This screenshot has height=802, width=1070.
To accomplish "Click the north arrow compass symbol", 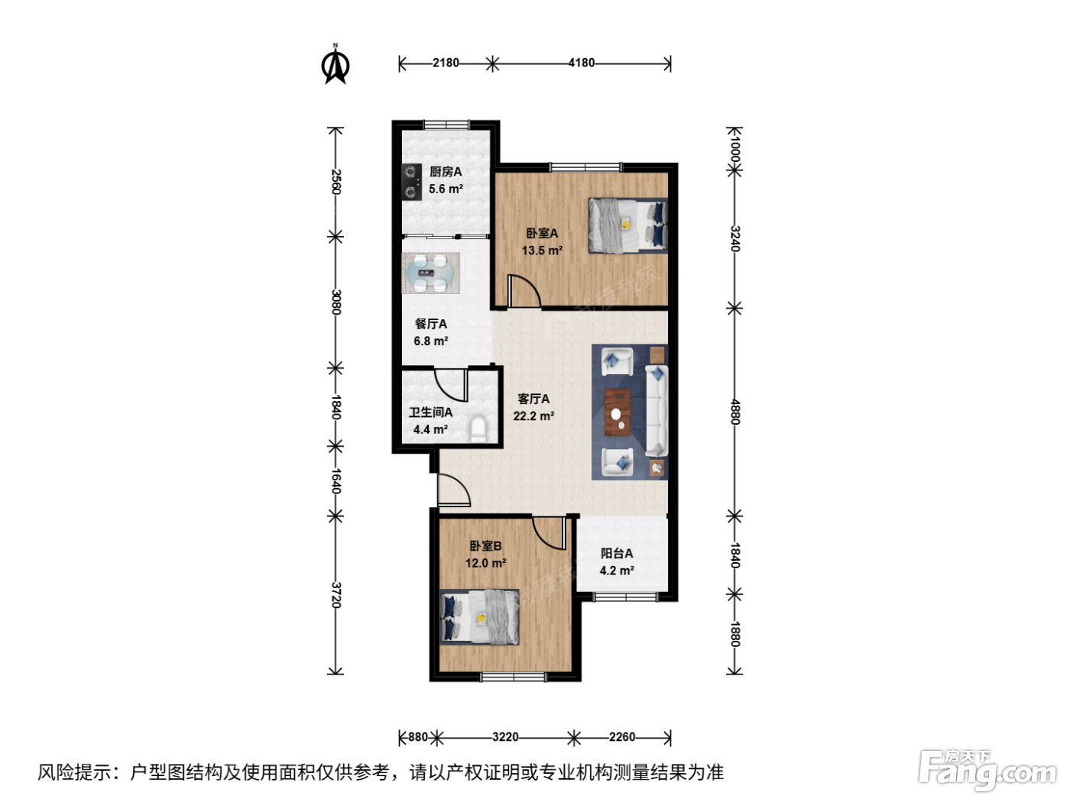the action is tap(336, 64).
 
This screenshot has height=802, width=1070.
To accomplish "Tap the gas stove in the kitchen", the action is tap(411, 182).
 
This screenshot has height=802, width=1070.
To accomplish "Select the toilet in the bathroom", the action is tap(478, 429).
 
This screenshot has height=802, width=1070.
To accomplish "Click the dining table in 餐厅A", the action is tap(431, 273).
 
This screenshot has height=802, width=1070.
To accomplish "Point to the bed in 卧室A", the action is tap(628, 225).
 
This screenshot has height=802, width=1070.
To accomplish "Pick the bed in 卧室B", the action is tap(479, 617).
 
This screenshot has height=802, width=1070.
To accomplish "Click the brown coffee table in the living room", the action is tap(618, 412).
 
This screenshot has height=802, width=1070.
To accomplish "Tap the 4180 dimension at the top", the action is tap(581, 63).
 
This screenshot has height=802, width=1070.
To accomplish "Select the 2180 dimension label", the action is tap(446, 63).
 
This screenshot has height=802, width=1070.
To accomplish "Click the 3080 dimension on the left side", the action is tap(336, 302).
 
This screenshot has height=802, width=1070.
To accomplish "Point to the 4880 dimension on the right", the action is tap(735, 412).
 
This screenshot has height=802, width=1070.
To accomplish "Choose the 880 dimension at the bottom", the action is tap(418, 737).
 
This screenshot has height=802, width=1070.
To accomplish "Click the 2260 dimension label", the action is tap(622, 737).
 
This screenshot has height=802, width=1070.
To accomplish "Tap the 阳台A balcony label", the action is tap(617, 553).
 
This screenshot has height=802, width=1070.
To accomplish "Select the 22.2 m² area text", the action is tap(533, 416).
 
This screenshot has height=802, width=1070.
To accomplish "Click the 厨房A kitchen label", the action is tap(446, 171).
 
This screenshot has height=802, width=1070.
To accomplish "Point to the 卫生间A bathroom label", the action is tap(430, 412).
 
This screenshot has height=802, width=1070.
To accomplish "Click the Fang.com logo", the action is tap(987, 770).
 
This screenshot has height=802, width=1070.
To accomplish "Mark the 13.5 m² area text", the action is tap(542, 251).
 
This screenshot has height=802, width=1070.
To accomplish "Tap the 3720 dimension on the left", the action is tap(336, 594).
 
